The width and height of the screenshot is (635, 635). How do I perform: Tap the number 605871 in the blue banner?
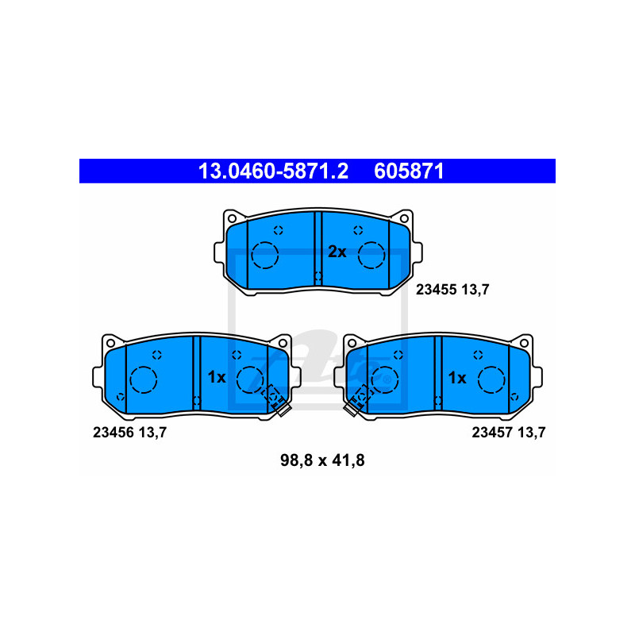pyautogui.click(x=409, y=171)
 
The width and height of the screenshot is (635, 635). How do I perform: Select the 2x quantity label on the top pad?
pyautogui.click(x=337, y=252)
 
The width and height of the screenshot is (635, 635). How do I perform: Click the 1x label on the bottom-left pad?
pyautogui.click(x=217, y=378)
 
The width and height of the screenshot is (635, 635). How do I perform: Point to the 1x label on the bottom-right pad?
pyautogui.click(x=457, y=378)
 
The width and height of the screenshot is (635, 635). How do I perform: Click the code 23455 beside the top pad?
pyautogui.click(x=435, y=291)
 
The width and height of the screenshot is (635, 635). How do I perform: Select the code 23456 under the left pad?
pyautogui.click(x=112, y=433)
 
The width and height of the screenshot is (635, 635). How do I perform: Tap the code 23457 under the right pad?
pyautogui.click(x=491, y=433)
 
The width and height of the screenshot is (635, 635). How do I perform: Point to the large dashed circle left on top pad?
pyautogui.click(x=264, y=256)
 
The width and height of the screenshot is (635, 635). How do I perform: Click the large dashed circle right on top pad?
pyautogui.click(x=371, y=256)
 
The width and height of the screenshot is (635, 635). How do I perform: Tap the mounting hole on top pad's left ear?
pyautogui.click(x=232, y=217)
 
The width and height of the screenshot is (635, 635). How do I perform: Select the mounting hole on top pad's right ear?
pyautogui.click(x=404, y=217)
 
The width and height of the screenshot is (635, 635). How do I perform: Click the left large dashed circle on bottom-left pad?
pyautogui.click(x=143, y=380)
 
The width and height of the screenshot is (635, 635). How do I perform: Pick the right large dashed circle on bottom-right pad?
pyautogui.click(x=492, y=380)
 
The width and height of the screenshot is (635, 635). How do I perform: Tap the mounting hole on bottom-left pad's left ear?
pyautogui.click(x=110, y=343)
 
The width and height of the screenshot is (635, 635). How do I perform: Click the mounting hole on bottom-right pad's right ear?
pyautogui.click(x=524, y=343)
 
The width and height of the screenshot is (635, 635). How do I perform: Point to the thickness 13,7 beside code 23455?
pyautogui.click(x=474, y=291)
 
